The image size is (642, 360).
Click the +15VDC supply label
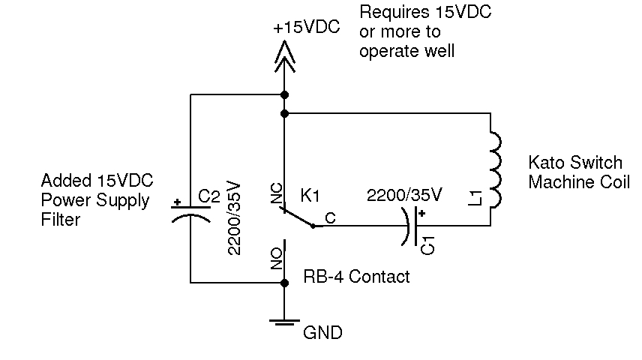tap(307, 28)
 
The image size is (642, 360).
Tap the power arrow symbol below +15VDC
tap(284, 57)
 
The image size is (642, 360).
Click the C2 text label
tap(209, 197)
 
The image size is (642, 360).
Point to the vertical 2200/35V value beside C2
tap(235, 218)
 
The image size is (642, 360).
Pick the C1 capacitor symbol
tap(412, 226)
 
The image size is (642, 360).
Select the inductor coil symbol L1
tap(494, 169)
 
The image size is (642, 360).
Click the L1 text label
tap(474, 198)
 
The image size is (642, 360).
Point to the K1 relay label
tap(310, 196)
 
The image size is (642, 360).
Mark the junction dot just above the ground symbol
tap(284, 283)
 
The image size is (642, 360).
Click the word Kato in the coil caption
tap(546, 163)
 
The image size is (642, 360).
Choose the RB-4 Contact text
tap(356, 277)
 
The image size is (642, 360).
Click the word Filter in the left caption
tap(60, 220)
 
